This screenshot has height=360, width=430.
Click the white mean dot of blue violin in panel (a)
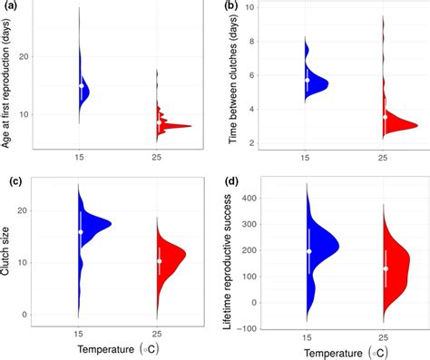(81, 86)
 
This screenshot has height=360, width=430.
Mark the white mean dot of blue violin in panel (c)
(81, 232)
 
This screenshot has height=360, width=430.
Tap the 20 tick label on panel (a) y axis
(38, 56)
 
